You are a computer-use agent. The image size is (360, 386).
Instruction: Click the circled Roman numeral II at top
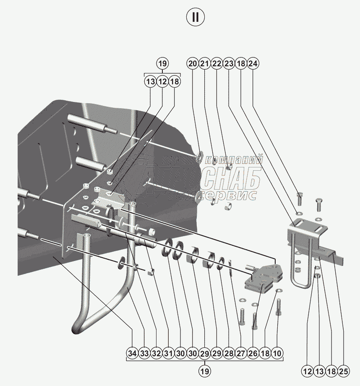196,17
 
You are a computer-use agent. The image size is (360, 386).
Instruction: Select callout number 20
193,64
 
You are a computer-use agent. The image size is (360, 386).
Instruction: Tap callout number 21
204,64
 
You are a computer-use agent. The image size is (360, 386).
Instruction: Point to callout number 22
217,64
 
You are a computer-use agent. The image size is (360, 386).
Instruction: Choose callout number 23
229,64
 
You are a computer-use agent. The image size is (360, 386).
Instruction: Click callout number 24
253,64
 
